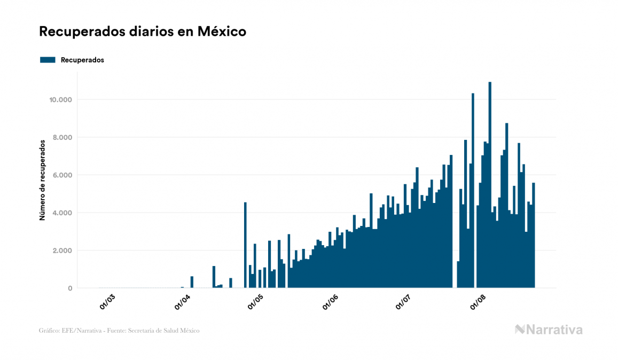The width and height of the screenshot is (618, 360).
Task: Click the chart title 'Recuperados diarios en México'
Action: click(143, 32)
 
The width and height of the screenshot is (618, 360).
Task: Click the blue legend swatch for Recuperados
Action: click(48, 60)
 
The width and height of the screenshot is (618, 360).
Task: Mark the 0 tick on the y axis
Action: click(69, 288)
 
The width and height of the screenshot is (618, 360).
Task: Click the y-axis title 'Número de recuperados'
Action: click(42, 181)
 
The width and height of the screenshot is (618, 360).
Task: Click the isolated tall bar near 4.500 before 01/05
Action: click(245, 246)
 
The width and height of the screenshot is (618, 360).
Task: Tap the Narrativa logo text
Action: click(554, 330)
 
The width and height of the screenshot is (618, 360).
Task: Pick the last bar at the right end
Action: click(534, 235)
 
